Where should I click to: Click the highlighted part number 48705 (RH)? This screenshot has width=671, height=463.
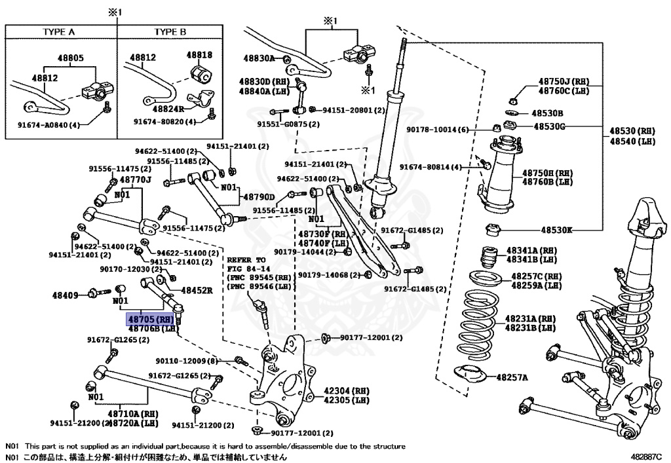tap(151, 319)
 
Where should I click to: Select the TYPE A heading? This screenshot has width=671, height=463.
tap(59, 31)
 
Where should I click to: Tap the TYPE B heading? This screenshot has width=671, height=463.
tap(170, 31)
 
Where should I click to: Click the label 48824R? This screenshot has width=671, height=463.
tap(169, 109)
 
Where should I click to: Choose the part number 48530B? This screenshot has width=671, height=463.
tap(547, 113)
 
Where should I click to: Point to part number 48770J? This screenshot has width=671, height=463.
tap(136, 179)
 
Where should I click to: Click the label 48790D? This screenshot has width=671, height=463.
tap(259, 196)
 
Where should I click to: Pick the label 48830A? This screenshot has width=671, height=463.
tap(259, 58)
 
